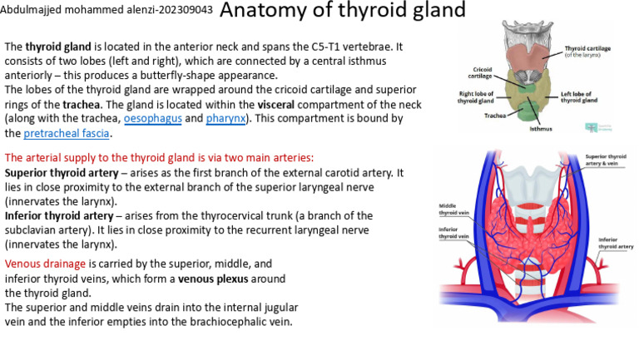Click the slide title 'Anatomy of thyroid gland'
point(343,12)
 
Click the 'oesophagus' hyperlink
point(153,119)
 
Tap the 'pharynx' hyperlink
point(227,119)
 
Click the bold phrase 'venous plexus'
point(214,279)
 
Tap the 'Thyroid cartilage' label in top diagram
point(587,52)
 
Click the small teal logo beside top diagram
point(592,127)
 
